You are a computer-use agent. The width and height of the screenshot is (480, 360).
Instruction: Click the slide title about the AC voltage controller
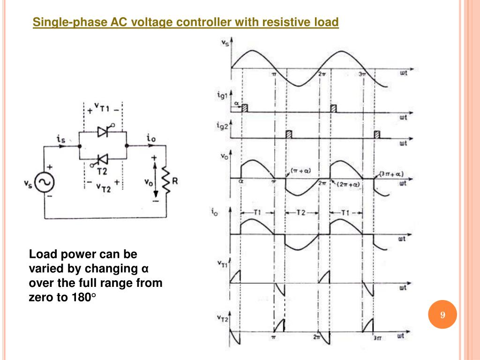point(186,22)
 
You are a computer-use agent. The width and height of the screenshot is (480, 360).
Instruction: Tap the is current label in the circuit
point(60,139)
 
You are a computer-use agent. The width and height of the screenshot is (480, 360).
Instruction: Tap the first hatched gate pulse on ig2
point(289,135)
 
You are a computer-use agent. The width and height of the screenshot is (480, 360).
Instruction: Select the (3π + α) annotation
point(391,174)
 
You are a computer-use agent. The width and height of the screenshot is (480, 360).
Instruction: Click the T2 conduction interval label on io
point(301,213)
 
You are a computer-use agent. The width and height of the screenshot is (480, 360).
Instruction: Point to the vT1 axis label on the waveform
point(224,265)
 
